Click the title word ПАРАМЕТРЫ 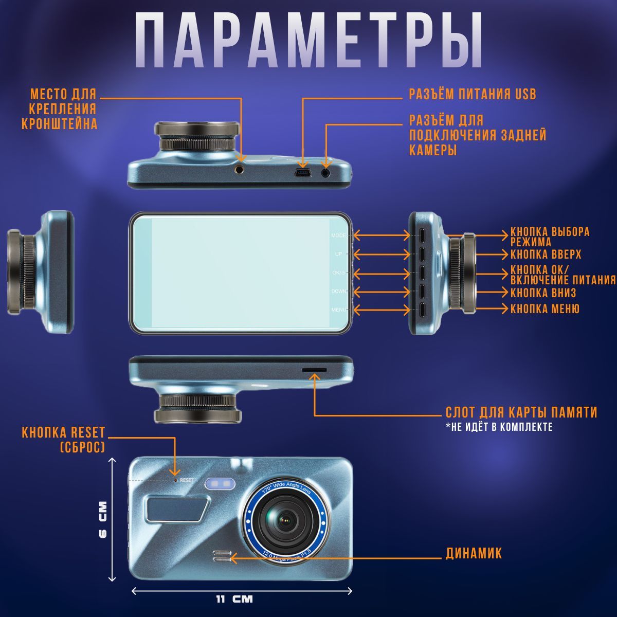tap(308, 41)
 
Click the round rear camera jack tap(325, 173)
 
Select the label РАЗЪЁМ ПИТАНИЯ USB tap(473, 94)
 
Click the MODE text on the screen tap(338, 235)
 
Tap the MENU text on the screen tap(339, 310)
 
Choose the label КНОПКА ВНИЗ tap(543, 293)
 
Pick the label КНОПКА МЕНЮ tap(545, 308)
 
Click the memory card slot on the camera tap(315, 370)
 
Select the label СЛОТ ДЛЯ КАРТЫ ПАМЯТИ tap(521, 412)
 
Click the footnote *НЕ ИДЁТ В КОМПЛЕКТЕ tap(499, 427)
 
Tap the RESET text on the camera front tap(187, 480)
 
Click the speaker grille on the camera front tap(222, 556)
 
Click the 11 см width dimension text tap(234, 599)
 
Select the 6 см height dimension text tap(103, 519)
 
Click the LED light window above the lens tap(220, 483)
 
